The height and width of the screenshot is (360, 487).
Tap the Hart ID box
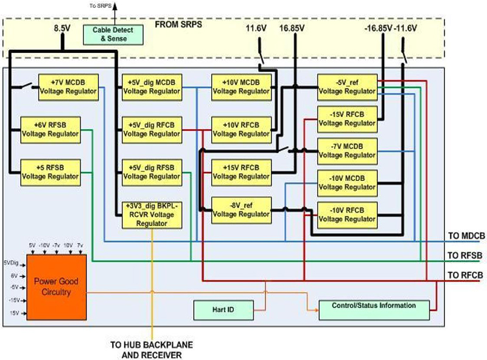223,311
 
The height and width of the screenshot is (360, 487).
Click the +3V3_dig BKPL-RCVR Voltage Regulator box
152,214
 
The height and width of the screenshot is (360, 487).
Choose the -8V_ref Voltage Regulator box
240,210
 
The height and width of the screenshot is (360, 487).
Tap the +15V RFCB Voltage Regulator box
240,172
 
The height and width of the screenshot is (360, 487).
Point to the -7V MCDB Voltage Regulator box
347,150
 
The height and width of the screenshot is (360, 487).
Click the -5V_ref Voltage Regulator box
347,86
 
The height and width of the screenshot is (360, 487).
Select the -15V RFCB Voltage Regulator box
347,118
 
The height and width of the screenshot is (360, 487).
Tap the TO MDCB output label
466,236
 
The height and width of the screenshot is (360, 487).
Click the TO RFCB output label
466,275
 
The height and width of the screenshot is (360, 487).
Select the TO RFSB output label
466,256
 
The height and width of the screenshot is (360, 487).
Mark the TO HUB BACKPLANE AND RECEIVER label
152,349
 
